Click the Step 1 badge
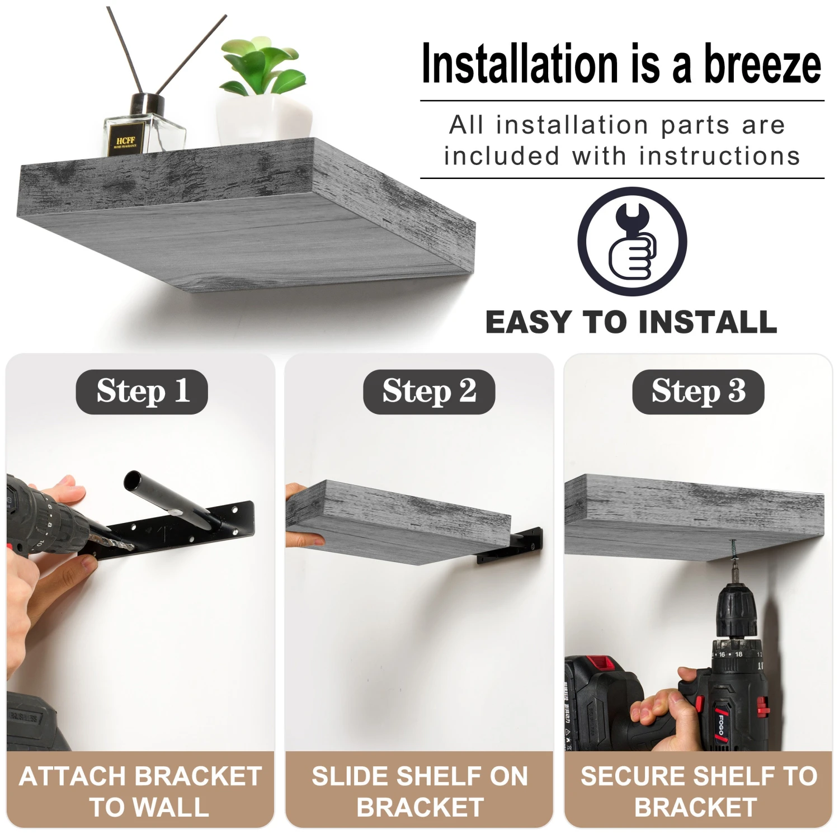(142, 392)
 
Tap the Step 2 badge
(429, 392)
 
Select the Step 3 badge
(698, 392)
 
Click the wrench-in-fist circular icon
(632, 242)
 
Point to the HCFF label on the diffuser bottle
(125, 142)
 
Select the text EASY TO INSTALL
(631, 323)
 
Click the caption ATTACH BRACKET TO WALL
(140, 791)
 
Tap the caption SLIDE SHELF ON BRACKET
(419, 791)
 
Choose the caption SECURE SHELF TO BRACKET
(698, 791)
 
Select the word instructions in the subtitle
(719, 156)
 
